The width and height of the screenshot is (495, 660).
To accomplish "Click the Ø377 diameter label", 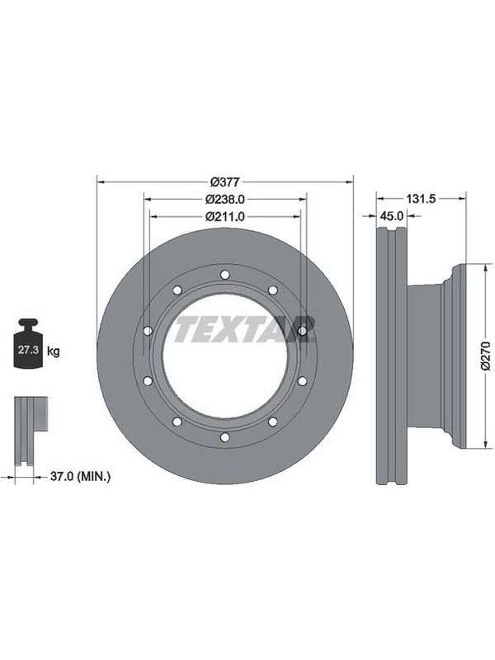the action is point(224,181).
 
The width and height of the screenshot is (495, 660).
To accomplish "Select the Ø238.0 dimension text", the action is point(224,199).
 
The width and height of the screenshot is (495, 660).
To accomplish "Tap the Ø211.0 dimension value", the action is point(224,216).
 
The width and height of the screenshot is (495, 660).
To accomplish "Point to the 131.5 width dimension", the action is point(421,198).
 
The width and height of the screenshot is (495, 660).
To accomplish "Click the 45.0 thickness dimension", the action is point(391,216).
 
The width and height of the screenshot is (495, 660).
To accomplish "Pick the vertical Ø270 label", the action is point(487,356).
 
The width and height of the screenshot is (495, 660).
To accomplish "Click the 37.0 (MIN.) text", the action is point(80,477).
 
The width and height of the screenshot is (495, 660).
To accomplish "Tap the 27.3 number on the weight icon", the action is point(28,350).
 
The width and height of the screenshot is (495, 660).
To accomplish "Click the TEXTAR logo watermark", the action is point(244,328).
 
